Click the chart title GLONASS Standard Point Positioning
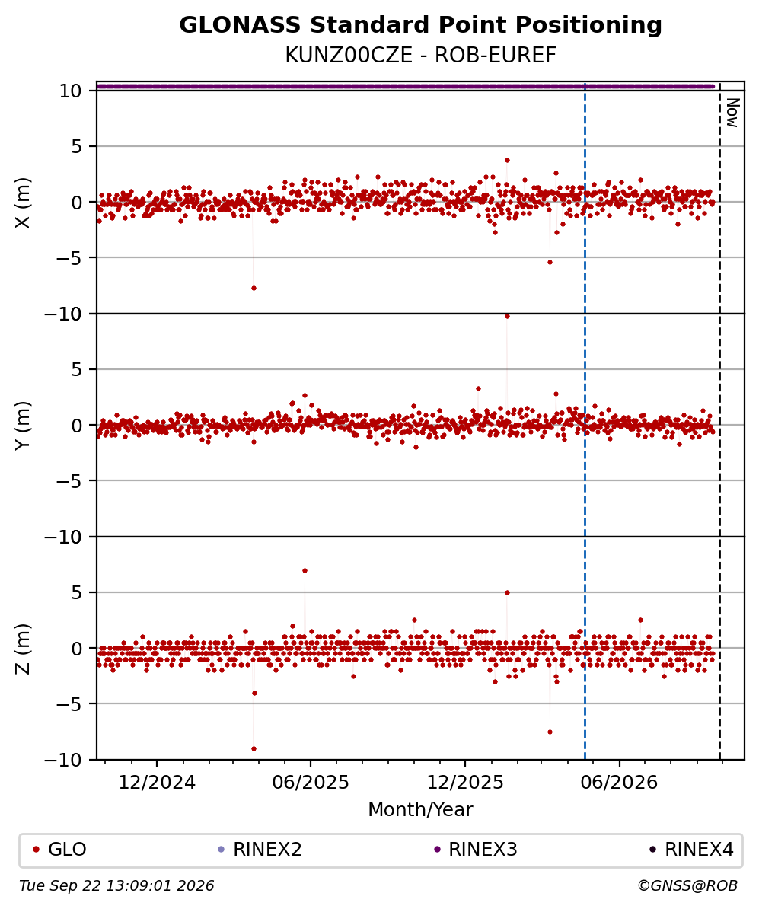pos(420,26)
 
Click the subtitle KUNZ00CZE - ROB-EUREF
pos(420,56)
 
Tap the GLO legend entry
pos(59,850)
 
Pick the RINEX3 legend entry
pos(475,850)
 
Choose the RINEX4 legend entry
pos(691,850)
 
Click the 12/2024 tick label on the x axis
pos(157,783)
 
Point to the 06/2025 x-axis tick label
pos(311,783)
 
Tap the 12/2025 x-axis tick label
pos(465,783)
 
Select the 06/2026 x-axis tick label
pos(619,783)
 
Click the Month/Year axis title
pos(420,810)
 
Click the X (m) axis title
pos(23,203)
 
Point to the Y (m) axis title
pos(23,426)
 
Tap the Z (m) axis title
pos(23,649)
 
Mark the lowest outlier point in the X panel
pos(254,288)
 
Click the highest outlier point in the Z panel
pos(305,570)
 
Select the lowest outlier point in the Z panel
pos(254,748)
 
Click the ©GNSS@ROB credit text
pos(687,886)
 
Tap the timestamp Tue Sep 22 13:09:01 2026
pos(116,886)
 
